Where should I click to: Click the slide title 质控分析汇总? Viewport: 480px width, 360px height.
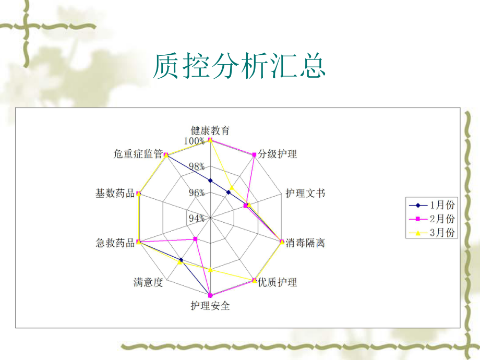pyautogui.click(x=239, y=66)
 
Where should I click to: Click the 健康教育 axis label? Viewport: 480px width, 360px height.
pyautogui.click(x=210, y=130)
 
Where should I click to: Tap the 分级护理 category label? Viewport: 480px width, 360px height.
pyautogui.click(x=277, y=154)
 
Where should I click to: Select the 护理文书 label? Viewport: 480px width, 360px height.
pyautogui.click(x=305, y=193)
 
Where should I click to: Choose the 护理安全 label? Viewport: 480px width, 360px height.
pyautogui.click(x=210, y=306)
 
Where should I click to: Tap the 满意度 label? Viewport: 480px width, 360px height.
pyautogui.click(x=148, y=282)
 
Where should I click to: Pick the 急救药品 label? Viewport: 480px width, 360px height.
pyautogui.click(x=115, y=243)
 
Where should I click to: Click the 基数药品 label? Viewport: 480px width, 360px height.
pyautogui.click(x=115, y=193)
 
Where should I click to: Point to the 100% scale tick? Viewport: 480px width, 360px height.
pyautogui.click(x=195, y=141)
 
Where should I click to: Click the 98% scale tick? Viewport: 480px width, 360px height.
pyautogui.click(x=196, y=166)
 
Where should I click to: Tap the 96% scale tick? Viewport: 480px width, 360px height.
pyautogui.click(x=196, y=193)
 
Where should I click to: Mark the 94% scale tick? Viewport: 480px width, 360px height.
pyautogui.click(x=196, y=218)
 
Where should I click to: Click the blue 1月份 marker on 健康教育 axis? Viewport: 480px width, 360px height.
pyautogui.click(x=210, y=181)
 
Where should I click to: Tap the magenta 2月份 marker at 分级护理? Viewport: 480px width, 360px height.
pyautogui.click(x=254, y=154)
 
